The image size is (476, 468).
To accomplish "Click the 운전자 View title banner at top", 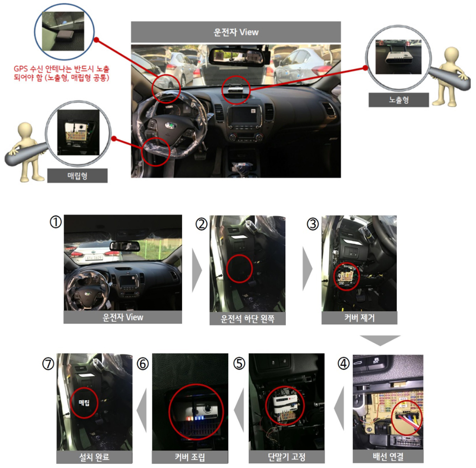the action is [x=236, y=32].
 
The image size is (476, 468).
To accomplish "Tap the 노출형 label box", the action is [x=399, y=100].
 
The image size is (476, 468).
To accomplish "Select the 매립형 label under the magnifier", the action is [x=77, y=176].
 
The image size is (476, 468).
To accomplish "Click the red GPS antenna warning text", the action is [x=62, y=73].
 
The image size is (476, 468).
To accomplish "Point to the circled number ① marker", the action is [x=56, y=222].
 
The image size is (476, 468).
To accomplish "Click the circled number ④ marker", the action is [x=344, y=363].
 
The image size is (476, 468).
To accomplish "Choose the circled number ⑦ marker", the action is [x=48, y=364].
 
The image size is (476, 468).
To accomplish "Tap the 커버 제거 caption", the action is [x=360, y=318].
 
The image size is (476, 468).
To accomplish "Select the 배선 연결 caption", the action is [x=388, y=456].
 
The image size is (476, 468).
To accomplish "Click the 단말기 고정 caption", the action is [x=287, y=457].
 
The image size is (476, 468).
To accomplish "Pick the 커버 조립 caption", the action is [x=190, y=457].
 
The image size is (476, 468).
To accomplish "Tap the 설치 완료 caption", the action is [x=94, y=457].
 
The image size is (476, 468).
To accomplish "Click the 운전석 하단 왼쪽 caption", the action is [x=247, y=319].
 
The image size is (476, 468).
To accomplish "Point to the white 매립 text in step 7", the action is [x=84, y=403].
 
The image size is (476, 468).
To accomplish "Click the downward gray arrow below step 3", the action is [x=380, y=340].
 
